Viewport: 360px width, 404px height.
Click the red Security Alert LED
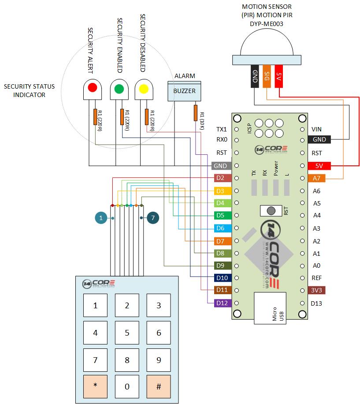point(92,88)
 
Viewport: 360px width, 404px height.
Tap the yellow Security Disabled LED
point(143,88)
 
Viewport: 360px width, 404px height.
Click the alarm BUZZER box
point(184,91)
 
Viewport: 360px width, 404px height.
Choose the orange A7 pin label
point(316,178)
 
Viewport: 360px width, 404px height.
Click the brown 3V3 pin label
point(316,291)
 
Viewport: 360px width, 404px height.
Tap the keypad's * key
point(96,385)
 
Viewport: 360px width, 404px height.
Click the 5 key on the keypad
point(127,333)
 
